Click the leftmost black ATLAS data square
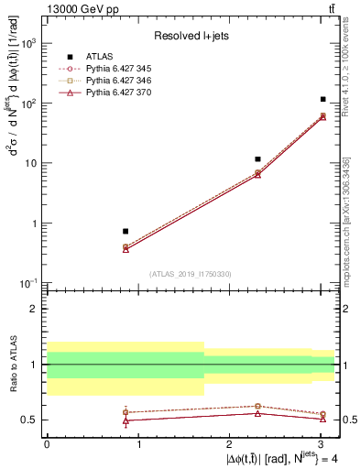[x=125, y=231]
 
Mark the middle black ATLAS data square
[x=258, y=159]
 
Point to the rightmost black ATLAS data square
[x=323, y=99]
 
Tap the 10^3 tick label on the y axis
[x=29, y=43]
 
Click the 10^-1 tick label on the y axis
[x=29, y=283]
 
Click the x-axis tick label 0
[x=47, y=446]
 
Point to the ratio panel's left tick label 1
[x=36, y=365]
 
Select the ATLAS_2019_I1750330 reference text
[x=191, y=273]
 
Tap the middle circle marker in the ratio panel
[x=258, y=406]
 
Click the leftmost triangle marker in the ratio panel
[x=125, y=420]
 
